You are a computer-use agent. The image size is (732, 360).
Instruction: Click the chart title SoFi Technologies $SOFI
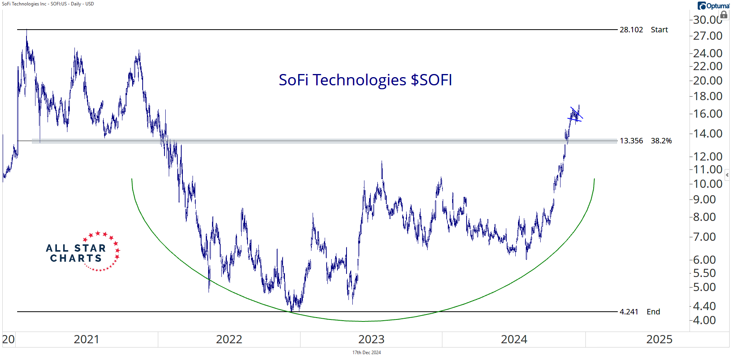click(x=365, y=80)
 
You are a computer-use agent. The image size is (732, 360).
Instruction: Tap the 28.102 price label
click(x=631, y=30)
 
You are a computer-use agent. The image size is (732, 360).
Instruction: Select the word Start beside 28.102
click(x=659, y=30)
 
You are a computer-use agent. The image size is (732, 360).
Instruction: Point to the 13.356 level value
click(x=631, y=141)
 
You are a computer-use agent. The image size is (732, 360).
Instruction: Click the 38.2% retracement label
click(x=661, y=141)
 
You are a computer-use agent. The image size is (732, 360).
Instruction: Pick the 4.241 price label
click(x=629, y=312)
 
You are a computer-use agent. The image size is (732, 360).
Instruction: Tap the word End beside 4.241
click(x=653, y=312)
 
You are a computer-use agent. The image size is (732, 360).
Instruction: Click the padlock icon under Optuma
click(x=723, y=15)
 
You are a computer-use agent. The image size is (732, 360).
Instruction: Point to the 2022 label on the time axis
click(x=229, y=339)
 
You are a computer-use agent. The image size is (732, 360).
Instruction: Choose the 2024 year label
click(x=514, y=339)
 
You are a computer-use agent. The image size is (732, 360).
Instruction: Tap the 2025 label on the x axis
click(x=659, y=339)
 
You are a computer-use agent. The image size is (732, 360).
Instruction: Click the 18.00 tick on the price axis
click(x=707, y=96)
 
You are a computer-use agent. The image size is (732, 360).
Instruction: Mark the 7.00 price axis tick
click(x=704, y=237)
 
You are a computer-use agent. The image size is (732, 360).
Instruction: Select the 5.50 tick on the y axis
click(x=704, y=273)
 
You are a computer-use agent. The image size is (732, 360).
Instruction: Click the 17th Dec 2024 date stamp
click(x=366, y=353)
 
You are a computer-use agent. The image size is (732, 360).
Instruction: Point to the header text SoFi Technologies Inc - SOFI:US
click(x=48, y=4)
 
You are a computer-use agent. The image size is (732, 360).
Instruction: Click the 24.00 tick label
click(x=707, y=53)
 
